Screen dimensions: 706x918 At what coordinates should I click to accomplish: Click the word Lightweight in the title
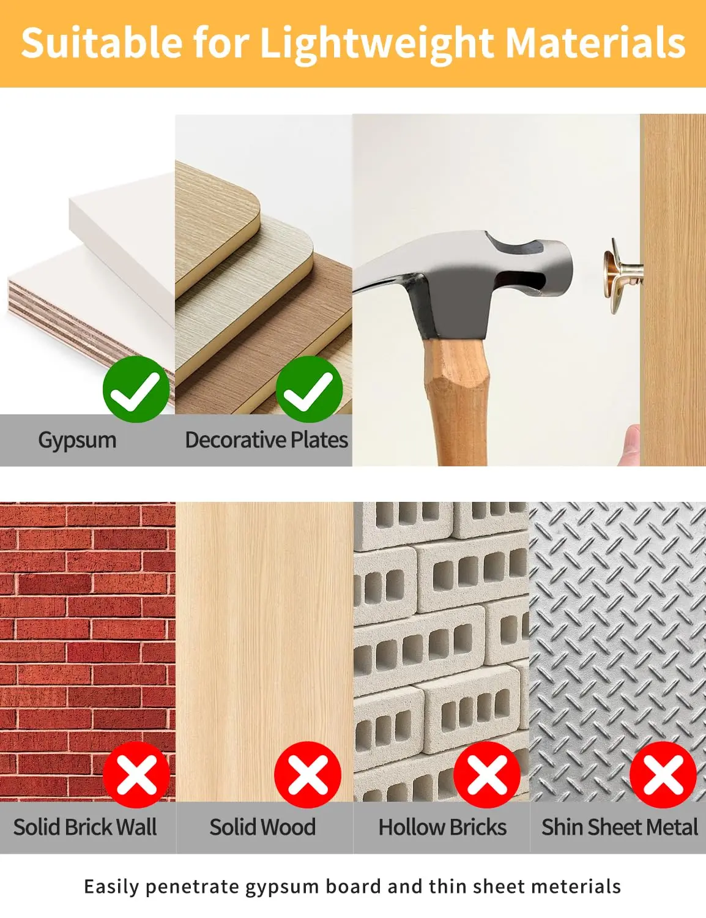[376, 44]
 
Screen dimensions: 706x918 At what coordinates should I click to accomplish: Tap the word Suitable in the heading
[102, 42]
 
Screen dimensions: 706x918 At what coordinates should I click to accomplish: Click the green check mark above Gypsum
[136, 389]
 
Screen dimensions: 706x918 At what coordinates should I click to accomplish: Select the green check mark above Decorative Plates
[309, 389]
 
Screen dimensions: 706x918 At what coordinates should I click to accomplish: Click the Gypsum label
[77, 441]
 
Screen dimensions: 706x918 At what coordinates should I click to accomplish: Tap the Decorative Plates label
[267, 440]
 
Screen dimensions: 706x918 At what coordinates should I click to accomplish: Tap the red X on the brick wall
[136, 775]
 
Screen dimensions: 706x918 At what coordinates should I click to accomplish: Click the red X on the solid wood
[307, 775]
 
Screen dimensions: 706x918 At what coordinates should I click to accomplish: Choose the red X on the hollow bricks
[487, 775]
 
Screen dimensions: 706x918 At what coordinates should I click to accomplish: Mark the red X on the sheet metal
[663, 775]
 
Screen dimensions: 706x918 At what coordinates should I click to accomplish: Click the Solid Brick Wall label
[85, 827]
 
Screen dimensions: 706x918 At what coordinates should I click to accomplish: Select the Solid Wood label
[262, 827]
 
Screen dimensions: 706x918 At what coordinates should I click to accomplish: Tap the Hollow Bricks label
[442, 827]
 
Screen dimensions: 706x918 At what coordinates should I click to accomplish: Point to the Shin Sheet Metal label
[620, 827]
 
